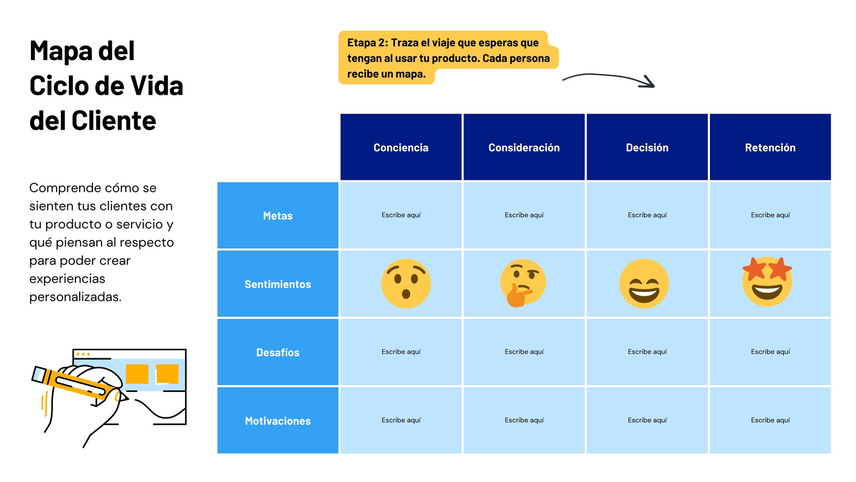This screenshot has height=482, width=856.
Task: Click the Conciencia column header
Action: coord(401,147)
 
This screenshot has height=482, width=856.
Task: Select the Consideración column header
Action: coord(524,147)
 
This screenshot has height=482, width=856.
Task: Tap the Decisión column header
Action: coord(647,147)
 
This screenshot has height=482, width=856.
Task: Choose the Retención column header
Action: coord(770,147)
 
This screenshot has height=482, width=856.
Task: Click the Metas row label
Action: coord(278,215)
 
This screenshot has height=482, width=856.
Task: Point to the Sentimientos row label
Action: coord(278,284)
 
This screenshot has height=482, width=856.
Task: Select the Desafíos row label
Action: coord(278,352)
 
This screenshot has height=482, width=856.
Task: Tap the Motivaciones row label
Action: coord(278,420)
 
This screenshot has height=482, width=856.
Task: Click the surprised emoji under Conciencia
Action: coord(406,283)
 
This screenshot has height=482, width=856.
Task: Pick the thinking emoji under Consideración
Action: coord(523,283)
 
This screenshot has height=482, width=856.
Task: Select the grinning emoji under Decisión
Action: coord(644,283)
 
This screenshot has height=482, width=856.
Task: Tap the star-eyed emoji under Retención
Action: coord(767,282)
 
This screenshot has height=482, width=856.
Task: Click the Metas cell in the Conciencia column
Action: coord(401,215)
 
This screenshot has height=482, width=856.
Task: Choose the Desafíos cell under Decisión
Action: coord(647,352)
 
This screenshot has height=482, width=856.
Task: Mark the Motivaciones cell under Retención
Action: coord(770,420)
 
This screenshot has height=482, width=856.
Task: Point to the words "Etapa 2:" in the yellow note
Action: coord(368,42)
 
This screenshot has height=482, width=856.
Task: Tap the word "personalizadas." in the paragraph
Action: coord(75,297)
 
